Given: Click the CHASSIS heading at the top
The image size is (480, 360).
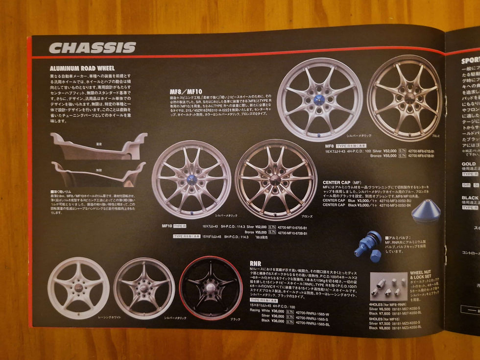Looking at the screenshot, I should click(92, 48).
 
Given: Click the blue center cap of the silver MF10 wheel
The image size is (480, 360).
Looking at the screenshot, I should click(191, 179).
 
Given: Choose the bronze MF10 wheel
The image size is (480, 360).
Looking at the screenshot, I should click(276, 179).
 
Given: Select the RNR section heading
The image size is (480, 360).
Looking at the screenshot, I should click(255, 264).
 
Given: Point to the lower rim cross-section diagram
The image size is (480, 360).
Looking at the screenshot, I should click(98, 174).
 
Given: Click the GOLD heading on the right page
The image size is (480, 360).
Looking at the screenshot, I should click(468, 164).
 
